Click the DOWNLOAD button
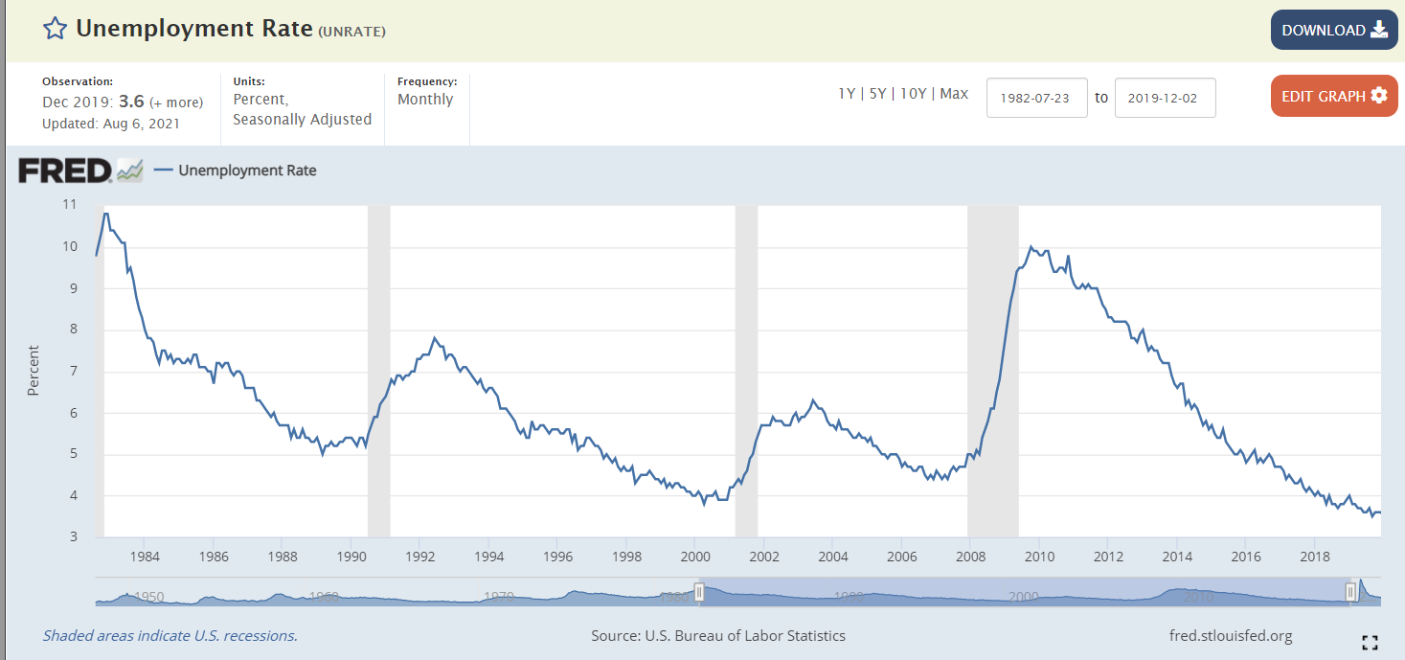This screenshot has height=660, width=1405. point(1333,30)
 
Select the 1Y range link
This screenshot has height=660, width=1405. point(847,94)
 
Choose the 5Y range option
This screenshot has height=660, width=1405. point(877,94)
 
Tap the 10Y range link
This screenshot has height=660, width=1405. point(914,94)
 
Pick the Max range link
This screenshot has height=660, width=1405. point(954,94)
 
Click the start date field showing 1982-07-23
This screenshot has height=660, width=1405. point(1036,98)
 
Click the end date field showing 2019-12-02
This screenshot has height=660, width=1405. point(1165,98)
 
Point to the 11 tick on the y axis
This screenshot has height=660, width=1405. point(69,204)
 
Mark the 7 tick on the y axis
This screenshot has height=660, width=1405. point(72,372)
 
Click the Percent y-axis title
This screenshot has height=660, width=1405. point(34,370)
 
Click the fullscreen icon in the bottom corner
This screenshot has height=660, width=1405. point(1370,643)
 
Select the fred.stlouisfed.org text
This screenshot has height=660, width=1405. point(1231,635)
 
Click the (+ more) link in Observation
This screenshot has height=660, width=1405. point(176,102)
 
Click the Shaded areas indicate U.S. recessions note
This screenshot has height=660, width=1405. point(170,635)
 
